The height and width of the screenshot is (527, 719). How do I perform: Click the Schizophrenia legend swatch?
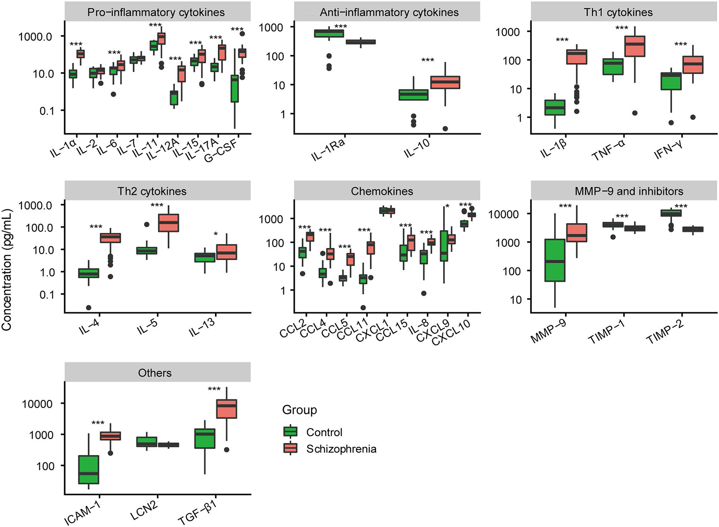tap(291, 448)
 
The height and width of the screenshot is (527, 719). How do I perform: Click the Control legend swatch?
tap(291, 432)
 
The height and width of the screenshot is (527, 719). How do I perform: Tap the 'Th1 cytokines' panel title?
tap(618, 12)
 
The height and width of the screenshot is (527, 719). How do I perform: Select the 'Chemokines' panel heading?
tap(382, 191)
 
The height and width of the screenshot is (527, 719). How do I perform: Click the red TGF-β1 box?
tap(226, 409)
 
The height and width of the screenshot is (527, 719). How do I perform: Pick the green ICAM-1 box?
tap(89, 469)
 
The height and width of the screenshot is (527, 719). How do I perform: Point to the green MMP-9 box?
tap(555, 260)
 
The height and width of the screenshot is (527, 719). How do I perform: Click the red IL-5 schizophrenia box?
tap(168, 223)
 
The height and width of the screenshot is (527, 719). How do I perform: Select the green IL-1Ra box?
tap(329, 33)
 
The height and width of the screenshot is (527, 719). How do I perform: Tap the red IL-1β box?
tap(577, 57)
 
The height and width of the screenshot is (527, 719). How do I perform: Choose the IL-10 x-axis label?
tap(416, 149)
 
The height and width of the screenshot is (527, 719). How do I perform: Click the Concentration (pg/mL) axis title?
tap(7, 270)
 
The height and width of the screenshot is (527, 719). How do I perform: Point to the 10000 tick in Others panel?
tap(37, 404)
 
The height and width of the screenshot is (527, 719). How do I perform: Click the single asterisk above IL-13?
tap(215, 234)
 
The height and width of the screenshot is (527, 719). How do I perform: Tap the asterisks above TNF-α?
tap(622, 28)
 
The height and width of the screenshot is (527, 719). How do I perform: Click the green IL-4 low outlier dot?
tap(88, 308)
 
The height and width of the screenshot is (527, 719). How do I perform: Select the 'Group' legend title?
tap(299, 410)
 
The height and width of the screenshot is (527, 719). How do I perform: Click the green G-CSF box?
tap(235, 88)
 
